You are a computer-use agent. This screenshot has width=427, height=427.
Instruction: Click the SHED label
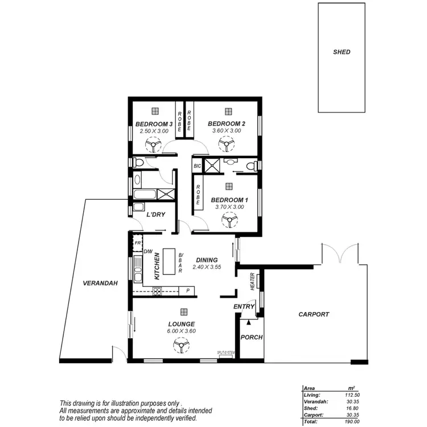(x=342, y=52)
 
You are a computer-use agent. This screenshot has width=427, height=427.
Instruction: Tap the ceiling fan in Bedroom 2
(x=226, y=146)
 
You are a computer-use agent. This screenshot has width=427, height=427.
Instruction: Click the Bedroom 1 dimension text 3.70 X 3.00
(x=229, y=207)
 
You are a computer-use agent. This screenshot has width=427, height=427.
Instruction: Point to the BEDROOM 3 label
(x=154, y=124)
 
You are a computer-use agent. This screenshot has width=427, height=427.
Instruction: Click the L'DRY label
(x=156, y=215)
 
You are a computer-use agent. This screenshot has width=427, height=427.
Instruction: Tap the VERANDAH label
(x=100, y=283)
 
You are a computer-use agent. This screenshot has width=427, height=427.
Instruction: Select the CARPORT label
(x=314, y=314)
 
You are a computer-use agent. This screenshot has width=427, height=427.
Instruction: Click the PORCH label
(x=252, y=337)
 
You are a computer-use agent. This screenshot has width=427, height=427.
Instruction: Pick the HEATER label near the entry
(x=253, y=281)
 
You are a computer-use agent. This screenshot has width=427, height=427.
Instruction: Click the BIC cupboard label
(x=198, y=166)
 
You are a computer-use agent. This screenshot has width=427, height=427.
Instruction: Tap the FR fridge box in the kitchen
(x=137, y=243)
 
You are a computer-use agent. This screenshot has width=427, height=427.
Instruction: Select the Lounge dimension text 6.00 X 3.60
(x=181, y=331)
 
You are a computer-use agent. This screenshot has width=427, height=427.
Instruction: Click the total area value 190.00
(x=351, y=422)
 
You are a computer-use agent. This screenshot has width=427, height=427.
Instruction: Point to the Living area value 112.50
(x=351, y=395)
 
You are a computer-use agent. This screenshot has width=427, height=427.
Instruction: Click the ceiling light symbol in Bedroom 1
(x=229, y=186)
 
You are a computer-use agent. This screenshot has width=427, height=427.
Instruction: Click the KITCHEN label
(x=157, y=266)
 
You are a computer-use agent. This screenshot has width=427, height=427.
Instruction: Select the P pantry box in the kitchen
(x=187, y=291)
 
